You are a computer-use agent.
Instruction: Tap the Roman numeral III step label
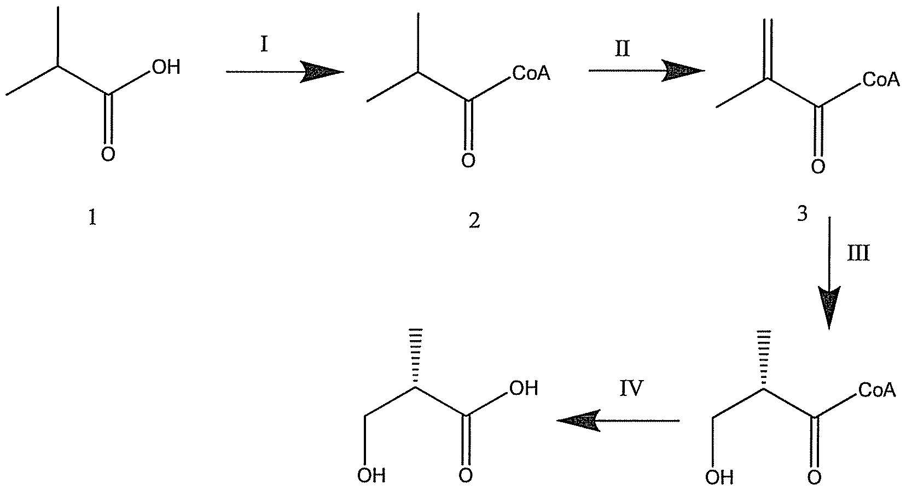point(858,253)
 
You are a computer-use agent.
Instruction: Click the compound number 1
point(92,219)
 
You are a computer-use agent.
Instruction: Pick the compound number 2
point(474,221)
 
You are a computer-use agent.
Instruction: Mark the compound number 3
point(802,214)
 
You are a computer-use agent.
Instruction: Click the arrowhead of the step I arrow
point(323,72)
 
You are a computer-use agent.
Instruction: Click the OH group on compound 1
point(165,68)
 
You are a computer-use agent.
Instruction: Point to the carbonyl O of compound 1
point(108,155)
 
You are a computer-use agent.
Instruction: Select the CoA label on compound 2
point(531,73)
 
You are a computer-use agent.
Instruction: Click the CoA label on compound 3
point(881,80)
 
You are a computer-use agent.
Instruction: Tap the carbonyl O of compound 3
point(818,166)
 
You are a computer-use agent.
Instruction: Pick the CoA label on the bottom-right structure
point(877,390)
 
